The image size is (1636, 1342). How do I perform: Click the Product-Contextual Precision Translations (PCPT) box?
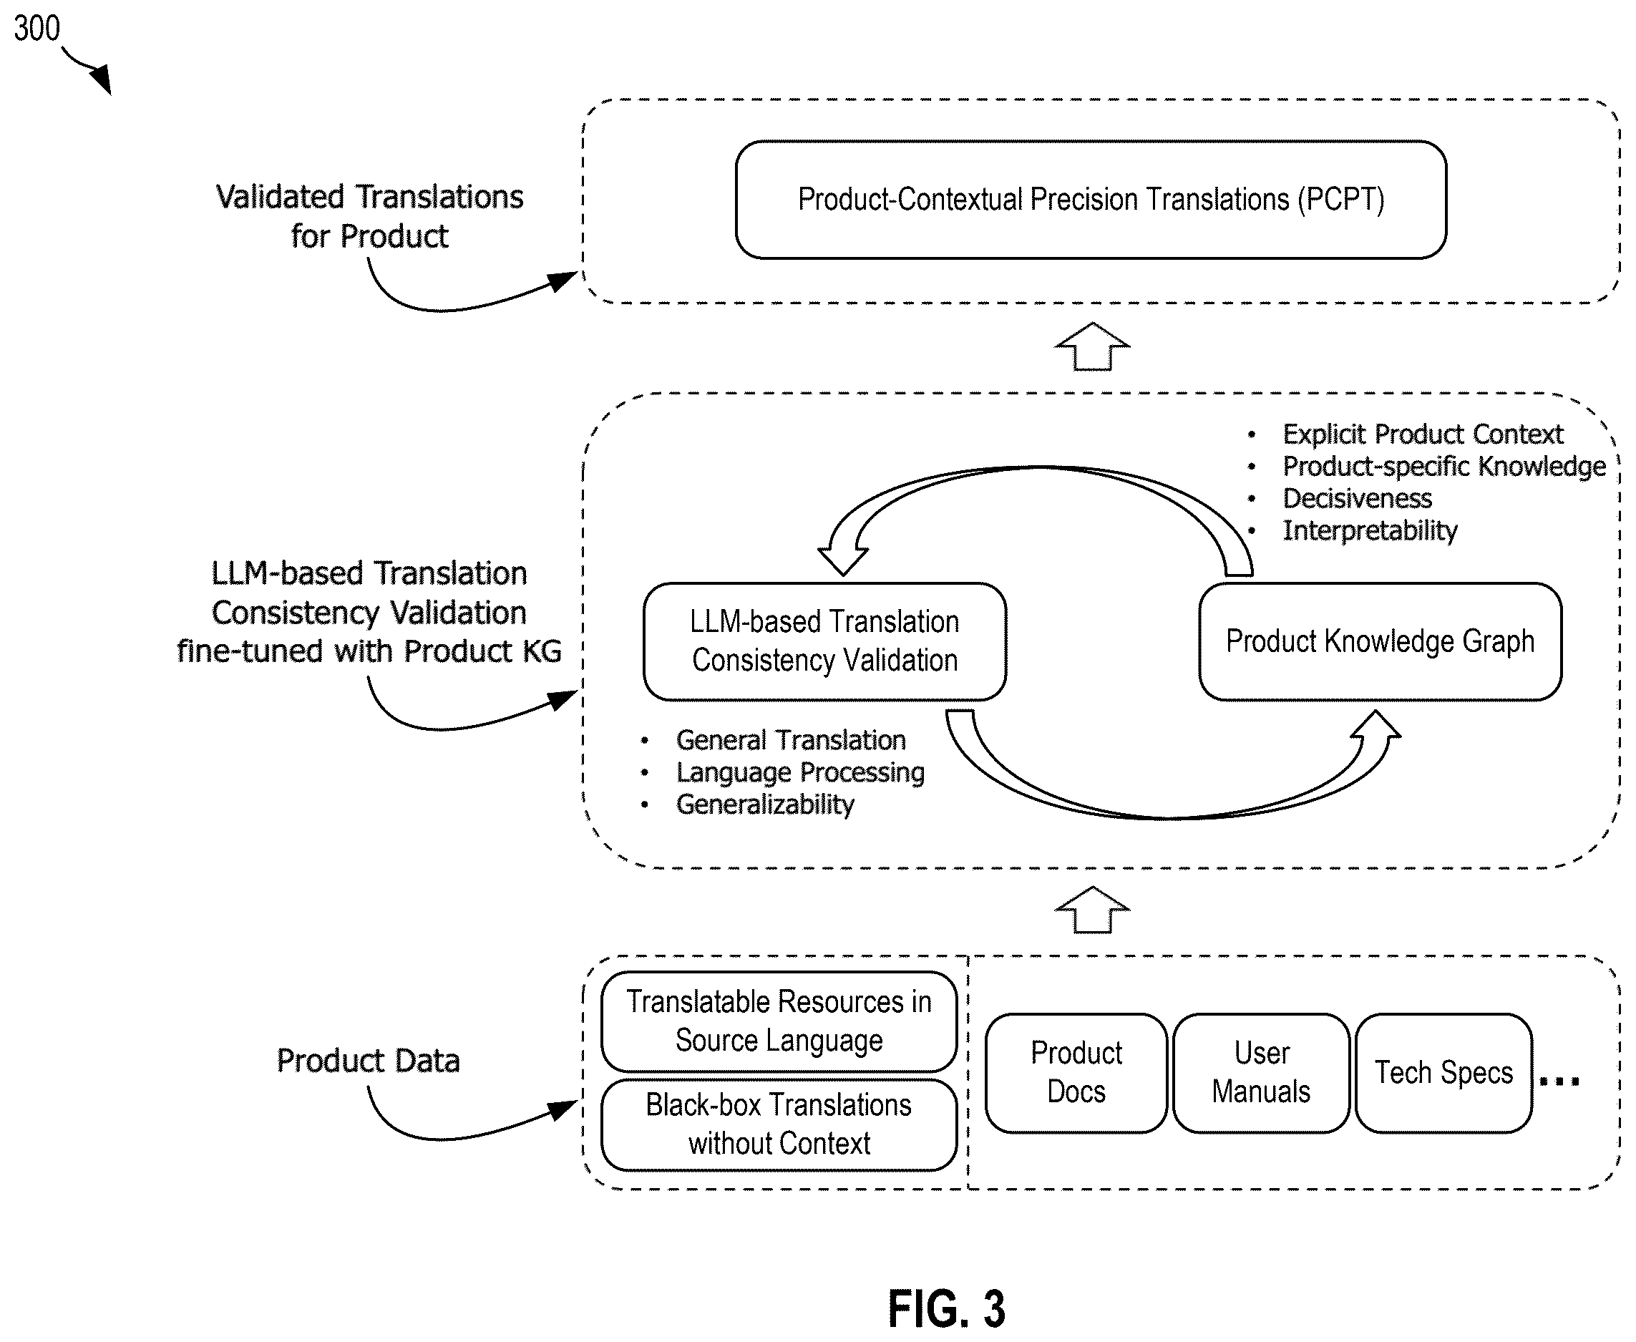[1091, 200]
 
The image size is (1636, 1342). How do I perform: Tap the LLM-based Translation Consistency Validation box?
[824, 641]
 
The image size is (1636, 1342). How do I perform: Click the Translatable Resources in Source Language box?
[779, 1021]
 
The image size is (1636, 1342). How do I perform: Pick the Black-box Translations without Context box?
[779, 1125]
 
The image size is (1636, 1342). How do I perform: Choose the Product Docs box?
[1076, 1073]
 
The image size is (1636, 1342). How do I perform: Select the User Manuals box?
[1261, 1073]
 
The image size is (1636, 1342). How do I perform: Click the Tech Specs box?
[1443, 1073]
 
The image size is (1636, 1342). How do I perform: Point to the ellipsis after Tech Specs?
[1559, 1081]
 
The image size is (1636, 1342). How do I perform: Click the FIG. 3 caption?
[947, 1309]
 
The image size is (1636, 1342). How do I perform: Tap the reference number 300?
[36, 29]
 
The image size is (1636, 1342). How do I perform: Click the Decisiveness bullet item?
[1357, 499]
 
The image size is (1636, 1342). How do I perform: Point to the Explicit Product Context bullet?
[1423, 434]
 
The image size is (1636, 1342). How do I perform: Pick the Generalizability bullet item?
[765, 804]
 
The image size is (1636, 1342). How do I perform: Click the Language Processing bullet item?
[800, 772]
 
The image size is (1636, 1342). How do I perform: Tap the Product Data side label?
[368, 1061]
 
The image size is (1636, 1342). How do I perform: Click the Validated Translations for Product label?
[369, 216]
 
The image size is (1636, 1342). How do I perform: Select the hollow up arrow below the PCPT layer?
[1092, 346]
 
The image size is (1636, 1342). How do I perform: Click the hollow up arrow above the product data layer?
[1092, 910]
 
